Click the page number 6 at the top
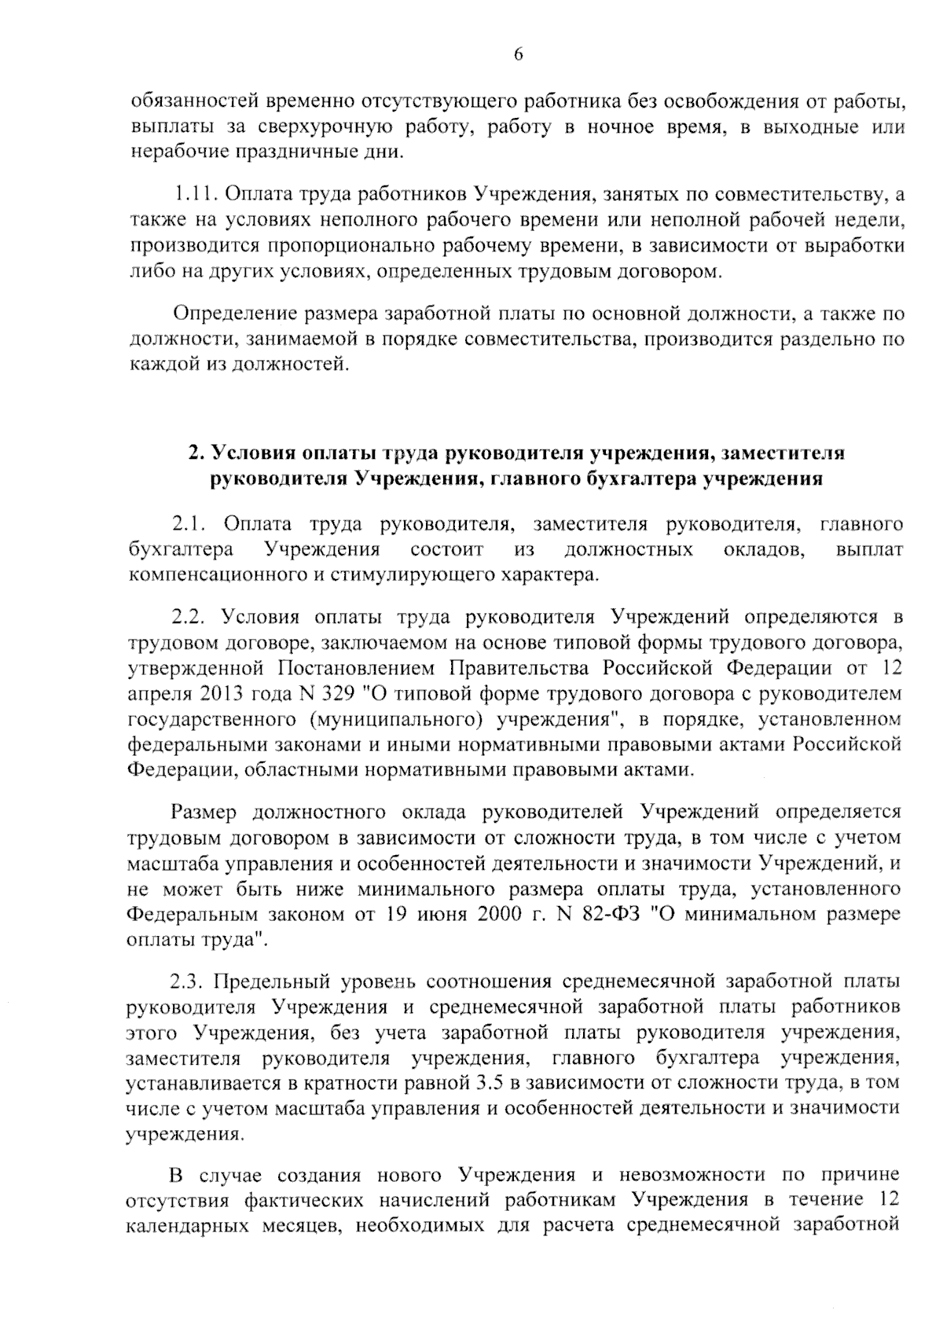click(518, 53)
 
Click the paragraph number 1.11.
click(193, 193)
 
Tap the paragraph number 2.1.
click(189, 523)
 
